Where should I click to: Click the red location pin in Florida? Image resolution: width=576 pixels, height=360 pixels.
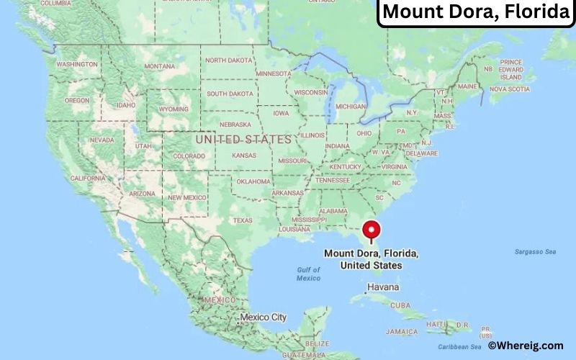click(x=372, y=230)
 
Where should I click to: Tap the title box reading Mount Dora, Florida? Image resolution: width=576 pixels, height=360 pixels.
click(x=476, y=12)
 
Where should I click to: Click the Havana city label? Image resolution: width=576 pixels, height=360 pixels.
click(x=382, y=287)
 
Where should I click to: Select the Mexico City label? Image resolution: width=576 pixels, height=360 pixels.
click(x=263, y=317)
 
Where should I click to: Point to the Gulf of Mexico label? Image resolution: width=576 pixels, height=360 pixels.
click(x=308, y=274)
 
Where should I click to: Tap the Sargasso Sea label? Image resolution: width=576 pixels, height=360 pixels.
click(x=535, y=251)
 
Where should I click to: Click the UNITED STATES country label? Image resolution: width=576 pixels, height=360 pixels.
click(x=243, y=139)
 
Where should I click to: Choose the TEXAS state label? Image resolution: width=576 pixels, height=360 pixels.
click(x=243, y=220)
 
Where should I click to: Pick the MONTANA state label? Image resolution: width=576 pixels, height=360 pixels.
click(x=159, y=66)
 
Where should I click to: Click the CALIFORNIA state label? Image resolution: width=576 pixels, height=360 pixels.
click(x=89, y=178)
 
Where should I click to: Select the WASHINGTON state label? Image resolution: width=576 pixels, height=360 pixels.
click(x=77, y=64)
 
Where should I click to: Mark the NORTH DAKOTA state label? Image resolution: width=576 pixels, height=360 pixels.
click(x=230, y=60)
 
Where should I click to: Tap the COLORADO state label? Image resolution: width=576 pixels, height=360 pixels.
click(x=189, y=156)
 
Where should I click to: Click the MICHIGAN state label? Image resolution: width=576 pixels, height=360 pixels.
click(x=351, y=106)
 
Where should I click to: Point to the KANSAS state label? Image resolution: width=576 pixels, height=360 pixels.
click(x=244, y=156)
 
